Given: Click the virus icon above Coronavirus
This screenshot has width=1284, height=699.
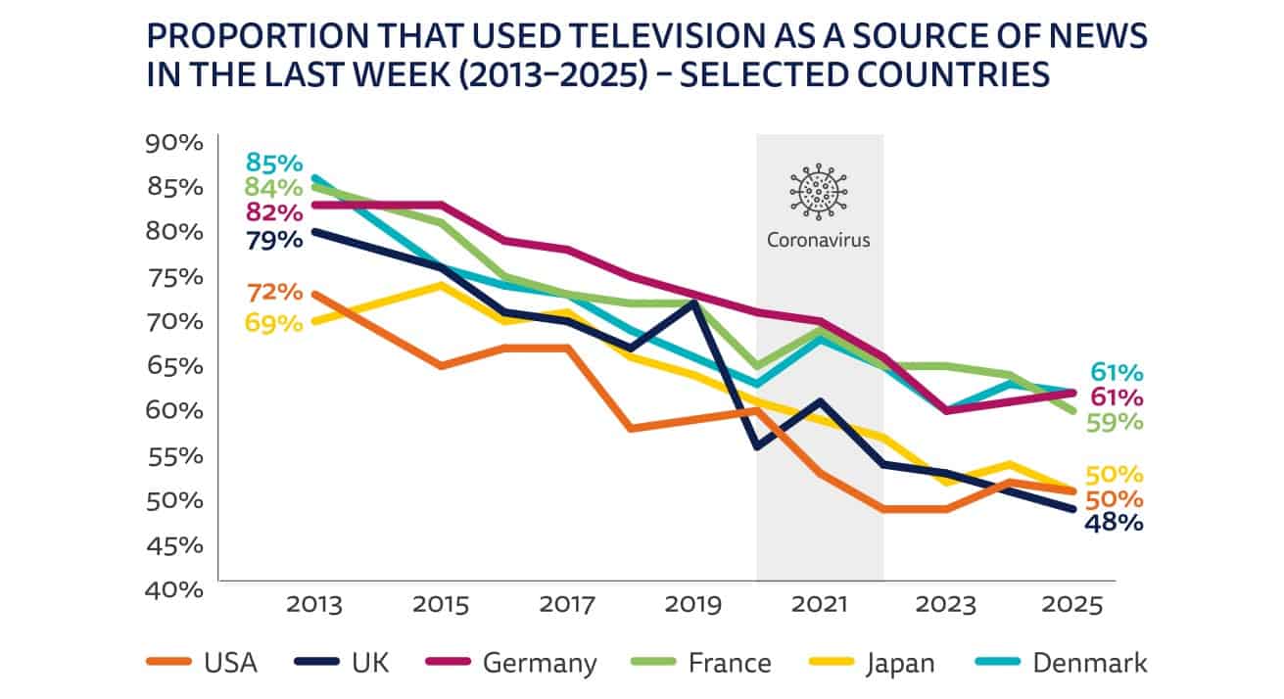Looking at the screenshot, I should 819,191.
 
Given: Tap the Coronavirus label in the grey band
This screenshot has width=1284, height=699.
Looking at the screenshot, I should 819,239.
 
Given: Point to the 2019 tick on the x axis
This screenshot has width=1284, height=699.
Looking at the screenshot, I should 694,605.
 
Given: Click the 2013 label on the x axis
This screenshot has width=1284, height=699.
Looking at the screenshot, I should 315,605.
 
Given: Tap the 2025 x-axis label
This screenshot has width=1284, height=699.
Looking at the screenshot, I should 1073,605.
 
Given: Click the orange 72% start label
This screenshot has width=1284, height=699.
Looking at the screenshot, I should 274,292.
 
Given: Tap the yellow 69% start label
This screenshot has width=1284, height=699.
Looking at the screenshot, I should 274,322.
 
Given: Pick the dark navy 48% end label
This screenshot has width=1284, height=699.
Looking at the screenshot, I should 1114,522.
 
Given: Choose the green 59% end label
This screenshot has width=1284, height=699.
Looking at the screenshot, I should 1114,422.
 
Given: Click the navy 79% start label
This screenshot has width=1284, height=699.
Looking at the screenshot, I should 274,239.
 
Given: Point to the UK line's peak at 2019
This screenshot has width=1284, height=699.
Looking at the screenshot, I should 694,302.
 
